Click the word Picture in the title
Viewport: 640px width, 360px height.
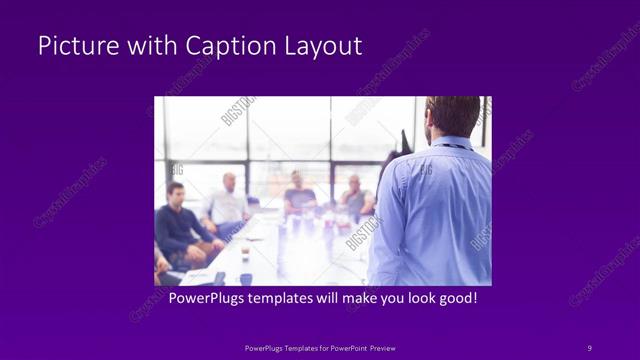pyautogui.click(x=72, y=46)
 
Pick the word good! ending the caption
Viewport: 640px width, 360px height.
pyautogui.click(x=455, y=299)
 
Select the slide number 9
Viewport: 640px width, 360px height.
pyautogui.click(x=589, y=347)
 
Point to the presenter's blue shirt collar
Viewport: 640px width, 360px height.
pyautogui.click(x=450, y=143)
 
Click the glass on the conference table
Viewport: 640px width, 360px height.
pyautogui.click(x=244, y=252)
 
